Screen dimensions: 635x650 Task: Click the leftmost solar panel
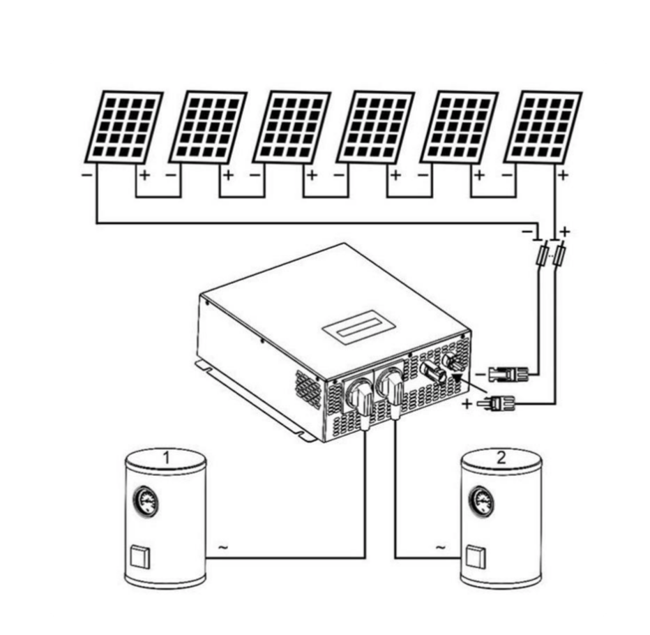123,126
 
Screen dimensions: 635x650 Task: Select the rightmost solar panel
543,126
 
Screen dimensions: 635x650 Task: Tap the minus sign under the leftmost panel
86,174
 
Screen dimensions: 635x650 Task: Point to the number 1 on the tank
166,458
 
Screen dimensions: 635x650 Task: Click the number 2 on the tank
501,458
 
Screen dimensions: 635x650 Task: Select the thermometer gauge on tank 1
146,500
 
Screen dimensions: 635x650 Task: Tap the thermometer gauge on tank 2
481,500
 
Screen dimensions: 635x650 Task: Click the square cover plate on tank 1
138,557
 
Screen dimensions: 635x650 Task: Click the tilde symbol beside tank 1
222,548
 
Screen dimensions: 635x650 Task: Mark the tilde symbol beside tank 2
440,548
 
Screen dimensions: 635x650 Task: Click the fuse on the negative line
541,257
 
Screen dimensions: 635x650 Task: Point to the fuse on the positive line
559,255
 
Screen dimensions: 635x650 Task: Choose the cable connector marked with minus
508,375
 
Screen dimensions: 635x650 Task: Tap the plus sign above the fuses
565,230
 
